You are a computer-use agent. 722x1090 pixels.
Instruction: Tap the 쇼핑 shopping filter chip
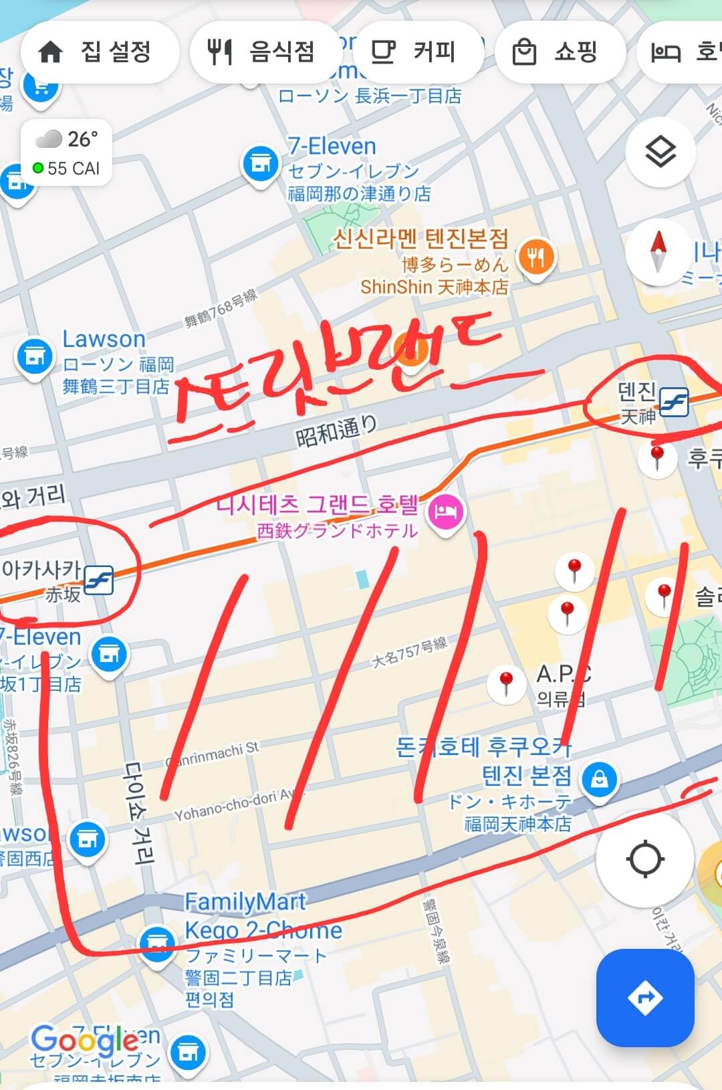(x=558, y=52)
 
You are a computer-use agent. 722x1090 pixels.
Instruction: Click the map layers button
(x=660, y=152)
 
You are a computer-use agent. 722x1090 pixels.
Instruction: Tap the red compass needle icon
(x=659, y=251)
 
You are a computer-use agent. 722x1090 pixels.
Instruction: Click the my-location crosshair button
(x=644, y=859)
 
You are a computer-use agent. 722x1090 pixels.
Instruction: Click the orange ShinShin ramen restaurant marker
(x=535, y=257)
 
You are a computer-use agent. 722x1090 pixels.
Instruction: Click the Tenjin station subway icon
(x=674, y=402)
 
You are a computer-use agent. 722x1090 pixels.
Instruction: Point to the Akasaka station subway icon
(x=99, y=580)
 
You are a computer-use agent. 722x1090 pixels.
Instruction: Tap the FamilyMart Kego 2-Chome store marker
(x=157, y=943)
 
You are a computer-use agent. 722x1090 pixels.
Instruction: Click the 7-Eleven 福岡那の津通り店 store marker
(x=259, y=162)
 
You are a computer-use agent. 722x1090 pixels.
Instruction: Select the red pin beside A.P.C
(x=506, y=681)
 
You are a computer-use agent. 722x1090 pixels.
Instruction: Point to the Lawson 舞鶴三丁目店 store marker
(x=34, y=356)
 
